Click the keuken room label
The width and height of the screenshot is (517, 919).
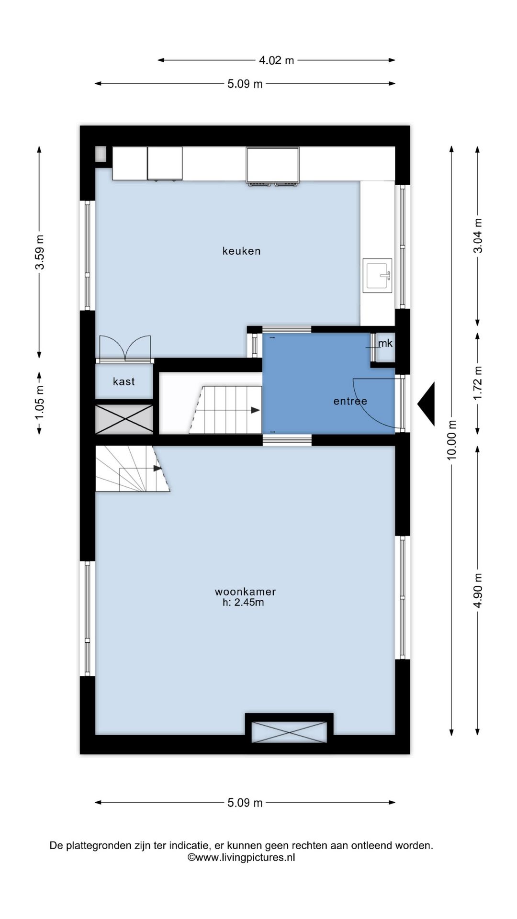click(x=241, y=251)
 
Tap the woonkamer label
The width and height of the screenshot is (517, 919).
click(x=245, y=592)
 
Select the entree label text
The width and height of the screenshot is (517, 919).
click(x=350, y=401)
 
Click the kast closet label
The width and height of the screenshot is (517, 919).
click(x=124, y=381)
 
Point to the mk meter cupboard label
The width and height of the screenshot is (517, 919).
click(x=385, y=343)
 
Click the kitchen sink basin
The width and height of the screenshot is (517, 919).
click(x=378, y=275)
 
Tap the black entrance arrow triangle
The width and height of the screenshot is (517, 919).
click(x=426, y=404)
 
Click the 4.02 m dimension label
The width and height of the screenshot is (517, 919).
click(x=276, y=60)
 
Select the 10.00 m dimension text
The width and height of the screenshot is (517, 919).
click(x=451, y=439)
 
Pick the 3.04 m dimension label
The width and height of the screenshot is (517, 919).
click(x=478, y=235)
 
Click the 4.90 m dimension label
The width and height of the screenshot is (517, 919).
click(x=478, y=591)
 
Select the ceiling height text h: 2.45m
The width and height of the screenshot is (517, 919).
click(x=243, y=603)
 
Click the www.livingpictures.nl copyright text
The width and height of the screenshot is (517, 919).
click(x=241, y=857)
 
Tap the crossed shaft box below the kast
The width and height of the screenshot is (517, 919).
click(x=124, y=419)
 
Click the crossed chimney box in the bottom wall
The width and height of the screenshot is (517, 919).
click(x=289, y=732)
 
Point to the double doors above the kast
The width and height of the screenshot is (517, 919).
click(x=125, y=348)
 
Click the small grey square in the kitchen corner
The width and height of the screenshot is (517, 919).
click(x=101, y=154)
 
